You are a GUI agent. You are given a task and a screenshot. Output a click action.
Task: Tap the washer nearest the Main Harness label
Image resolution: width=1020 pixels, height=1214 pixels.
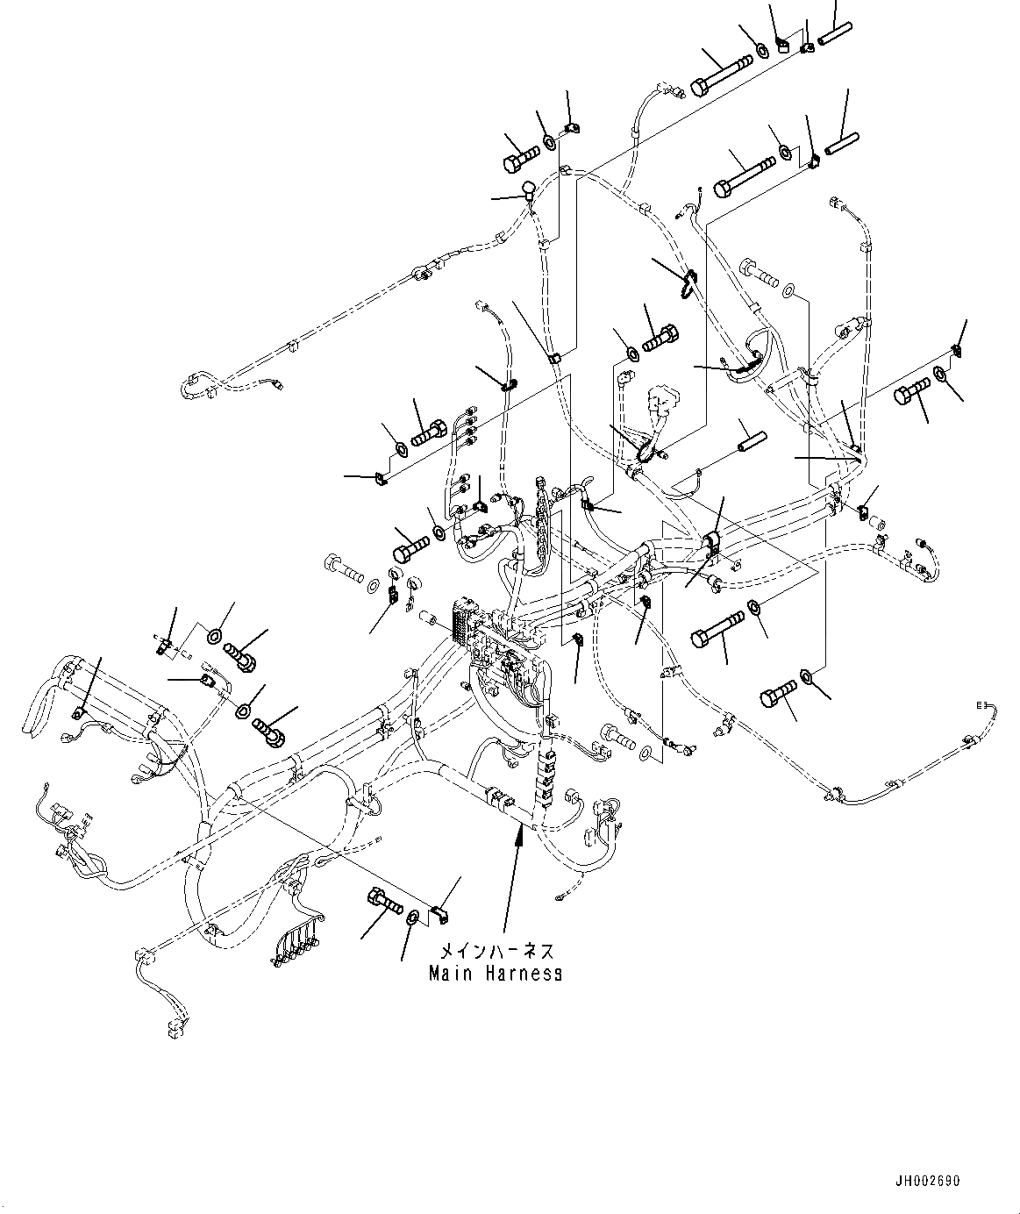(x=412, y=918)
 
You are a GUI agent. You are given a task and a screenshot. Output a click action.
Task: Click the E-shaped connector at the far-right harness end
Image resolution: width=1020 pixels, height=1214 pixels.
(x=982, y=704)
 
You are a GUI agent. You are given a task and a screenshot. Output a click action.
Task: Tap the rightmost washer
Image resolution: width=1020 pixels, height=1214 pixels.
(x=939, y=375)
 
